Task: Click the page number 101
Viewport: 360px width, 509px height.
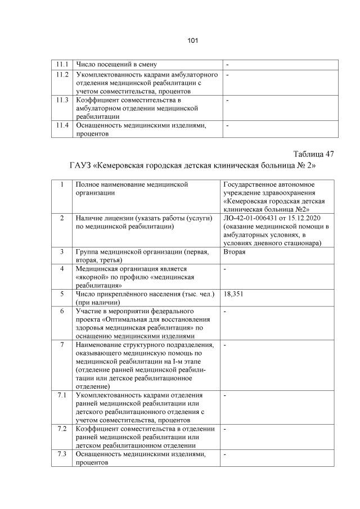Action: tap(192, 40)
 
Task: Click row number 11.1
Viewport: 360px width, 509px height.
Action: tap(62, 64)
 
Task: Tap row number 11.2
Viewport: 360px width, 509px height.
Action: tap(62, 75)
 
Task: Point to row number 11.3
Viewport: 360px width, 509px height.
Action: tap(62, 100)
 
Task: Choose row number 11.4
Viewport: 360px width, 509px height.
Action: tap(62, 125)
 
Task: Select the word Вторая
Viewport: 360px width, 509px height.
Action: tap(235, 251)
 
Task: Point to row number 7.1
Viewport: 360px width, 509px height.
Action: tap(62, 395)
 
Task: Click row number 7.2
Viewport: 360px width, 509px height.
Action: tap(62, 429)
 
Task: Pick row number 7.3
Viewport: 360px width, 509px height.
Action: tap(62, 453)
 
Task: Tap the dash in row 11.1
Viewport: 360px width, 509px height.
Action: tap(227, 64)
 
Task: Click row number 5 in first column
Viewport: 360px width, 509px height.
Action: tap(62, 293)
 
